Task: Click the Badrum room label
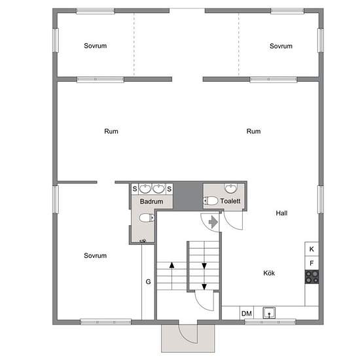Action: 152,202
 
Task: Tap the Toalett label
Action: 230,201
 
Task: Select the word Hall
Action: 281,213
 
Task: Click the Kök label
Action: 269,273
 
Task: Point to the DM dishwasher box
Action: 247,313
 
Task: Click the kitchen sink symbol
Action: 269,313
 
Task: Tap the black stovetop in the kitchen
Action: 312,277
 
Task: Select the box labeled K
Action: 312,249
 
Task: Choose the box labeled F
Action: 312,263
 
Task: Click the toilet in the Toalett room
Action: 211,201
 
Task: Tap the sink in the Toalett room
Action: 231,189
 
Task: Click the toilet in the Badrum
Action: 147,218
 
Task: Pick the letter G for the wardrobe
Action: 149,281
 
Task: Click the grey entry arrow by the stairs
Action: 213,222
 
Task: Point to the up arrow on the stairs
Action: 171,276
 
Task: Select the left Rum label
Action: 111,132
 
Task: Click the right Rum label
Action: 253,132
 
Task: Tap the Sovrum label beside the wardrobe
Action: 96,255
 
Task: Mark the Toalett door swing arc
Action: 230,225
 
